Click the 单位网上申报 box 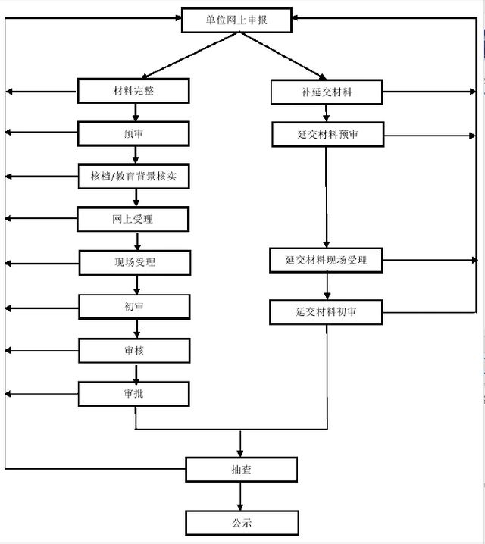coord(237,20)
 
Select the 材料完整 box coord(133,91)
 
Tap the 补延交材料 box coord(327,92)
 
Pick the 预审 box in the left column coord(133,133)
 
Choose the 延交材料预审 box coord(328,134)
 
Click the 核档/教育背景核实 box coord(134,177)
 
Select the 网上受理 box coord(133,219)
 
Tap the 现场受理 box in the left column coord(135,263)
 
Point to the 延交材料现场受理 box coord(326,260)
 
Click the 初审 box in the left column coord(134,307)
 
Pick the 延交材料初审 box coord(326,312)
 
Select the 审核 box coord(134,351)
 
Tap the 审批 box coord(134,394)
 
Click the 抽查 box coord(242,470)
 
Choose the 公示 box coord(242,523)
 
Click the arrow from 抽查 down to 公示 coord(240,496)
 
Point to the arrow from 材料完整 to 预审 coord(136,112)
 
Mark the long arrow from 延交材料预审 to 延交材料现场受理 coord(326,197)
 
